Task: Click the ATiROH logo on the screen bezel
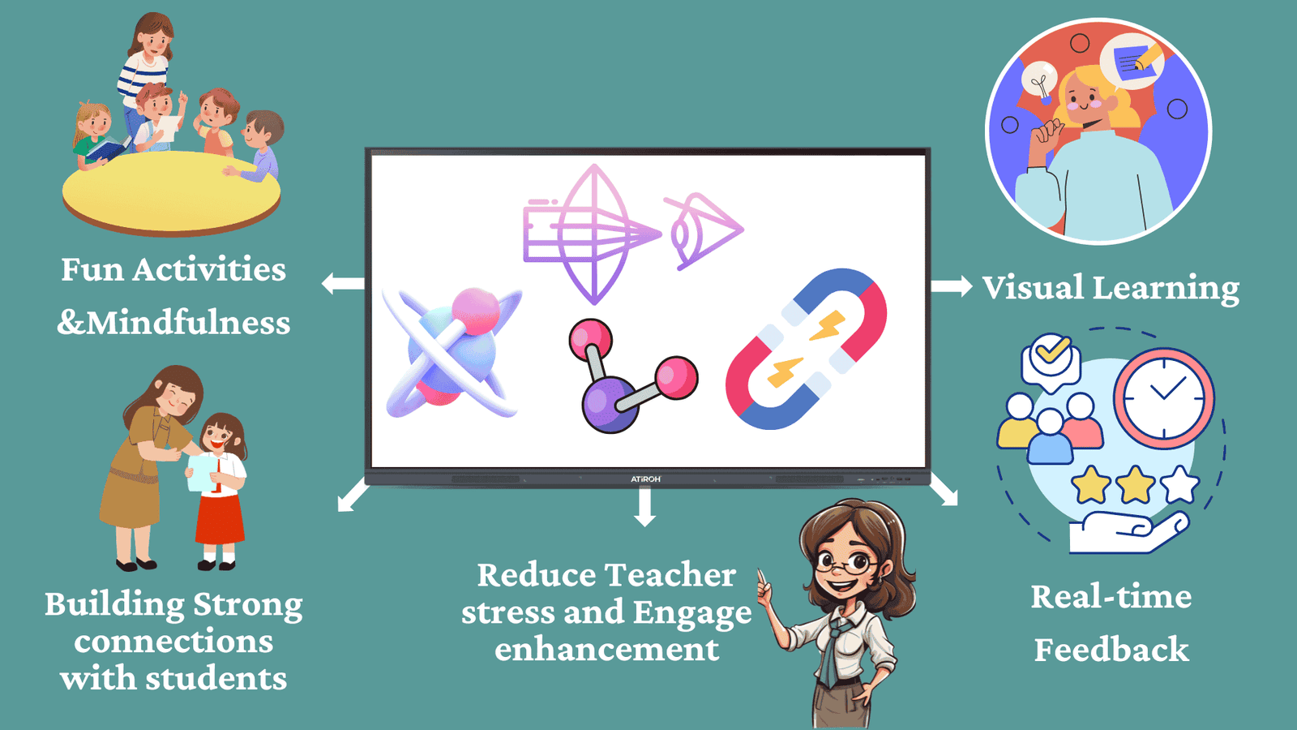click(645, 479)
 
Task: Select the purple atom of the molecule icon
click(609, 404)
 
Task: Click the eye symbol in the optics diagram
click(704, 231)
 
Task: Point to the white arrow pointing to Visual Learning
click(952, 286)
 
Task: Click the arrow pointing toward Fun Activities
click(343, 284)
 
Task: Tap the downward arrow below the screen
click(644, 506)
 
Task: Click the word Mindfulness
click(188, 323)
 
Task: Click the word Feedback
click(1111, 649)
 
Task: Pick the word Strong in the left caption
click(248, 605)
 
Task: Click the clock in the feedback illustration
click(1164, 398)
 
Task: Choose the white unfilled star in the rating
click(1180, 484)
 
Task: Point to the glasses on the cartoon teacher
click(846, 562)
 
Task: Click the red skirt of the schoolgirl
click(220, 518)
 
